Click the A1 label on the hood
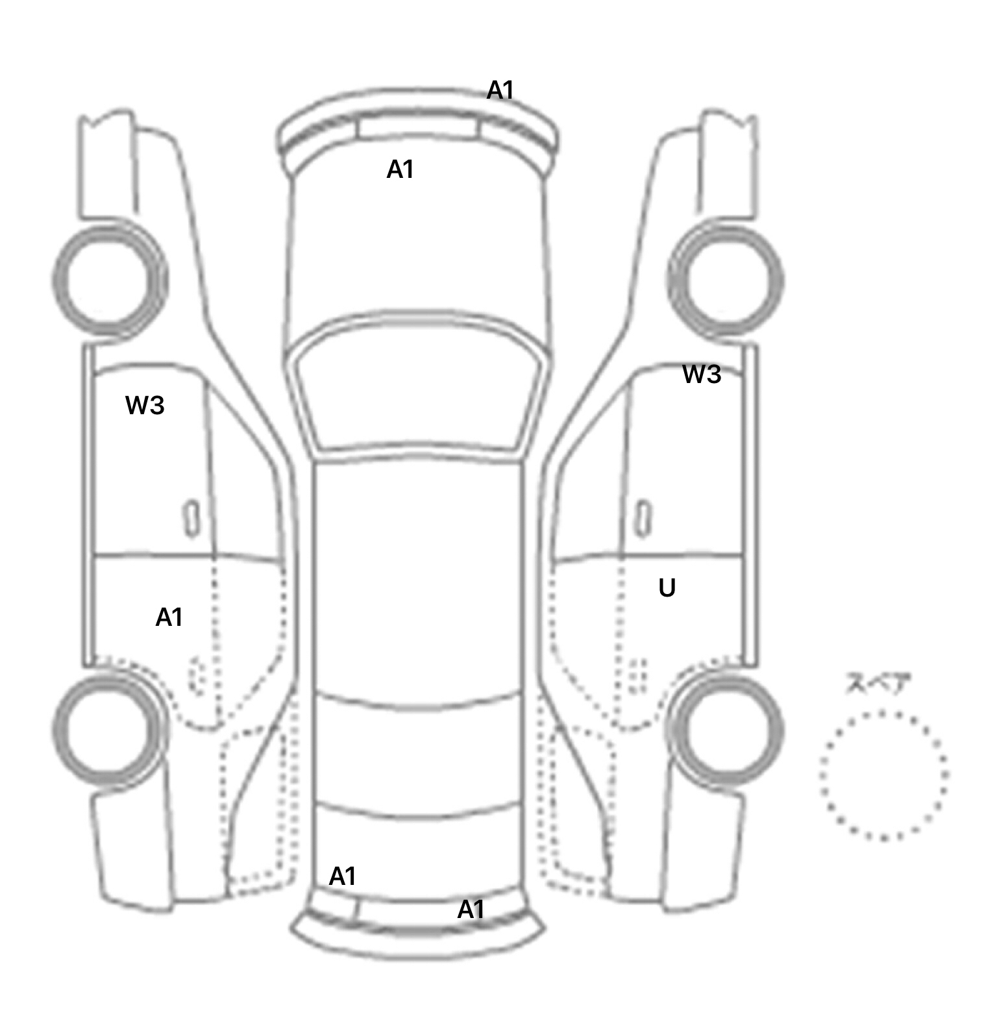tap(400, 169)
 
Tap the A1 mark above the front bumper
tap(500, 90)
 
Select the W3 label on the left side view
tap(145, 405)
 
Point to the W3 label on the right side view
tap(702, 374)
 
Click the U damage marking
tap(667, 588)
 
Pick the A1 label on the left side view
tap(169, 617)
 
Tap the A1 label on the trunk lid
tap(343, 876)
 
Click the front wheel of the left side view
tap(55, 279)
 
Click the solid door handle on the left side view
tap(191, 518)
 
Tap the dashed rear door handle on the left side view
tap(196, 676)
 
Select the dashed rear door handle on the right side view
tap(639, 676)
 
